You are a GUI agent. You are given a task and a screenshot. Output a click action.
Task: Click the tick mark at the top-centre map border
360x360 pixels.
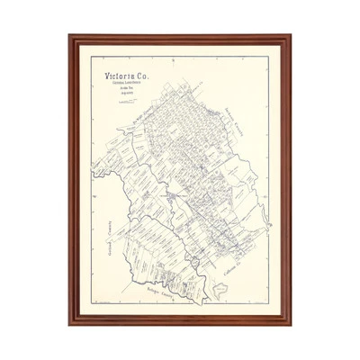point(180,57)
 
